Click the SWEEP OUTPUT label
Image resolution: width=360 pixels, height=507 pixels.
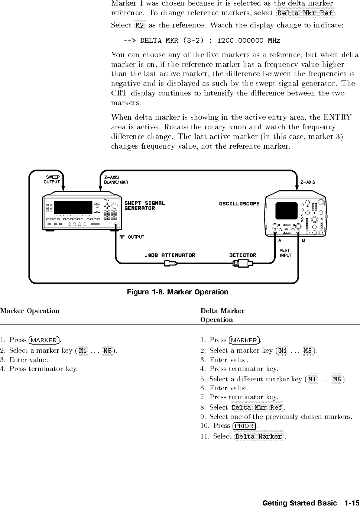(52, 180)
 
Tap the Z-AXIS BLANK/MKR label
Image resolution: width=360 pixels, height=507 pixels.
(116, 180)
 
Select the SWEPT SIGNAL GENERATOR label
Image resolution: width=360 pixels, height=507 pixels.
(145, 206)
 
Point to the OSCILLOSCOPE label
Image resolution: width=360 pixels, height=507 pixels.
(239, 204)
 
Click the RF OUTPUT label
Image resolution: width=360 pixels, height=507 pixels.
(132, 237)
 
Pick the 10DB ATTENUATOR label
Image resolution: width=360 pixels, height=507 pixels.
(170, 255)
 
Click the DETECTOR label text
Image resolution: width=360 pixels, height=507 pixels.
(243, 255)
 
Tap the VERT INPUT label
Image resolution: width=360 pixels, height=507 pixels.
(285, 253)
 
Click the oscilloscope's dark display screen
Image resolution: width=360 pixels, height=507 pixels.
(286, 210)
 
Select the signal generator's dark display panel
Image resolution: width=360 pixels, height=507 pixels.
(73, 207)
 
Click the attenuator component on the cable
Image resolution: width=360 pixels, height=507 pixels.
(171, 264)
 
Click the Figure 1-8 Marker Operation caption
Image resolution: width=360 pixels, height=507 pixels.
(177, 292)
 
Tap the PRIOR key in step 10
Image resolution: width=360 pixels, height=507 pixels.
(244, 426)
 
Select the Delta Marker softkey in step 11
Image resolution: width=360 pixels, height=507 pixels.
(259, 436)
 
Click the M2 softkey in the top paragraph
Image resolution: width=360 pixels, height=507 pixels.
(140, 25)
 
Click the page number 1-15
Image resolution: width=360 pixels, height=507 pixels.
(351, 503)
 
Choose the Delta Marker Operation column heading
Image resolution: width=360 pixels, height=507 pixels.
(222, 315)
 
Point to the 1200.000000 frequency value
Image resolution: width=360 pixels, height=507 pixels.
(240, 41)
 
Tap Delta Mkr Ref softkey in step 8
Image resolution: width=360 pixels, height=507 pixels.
(257, 407)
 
